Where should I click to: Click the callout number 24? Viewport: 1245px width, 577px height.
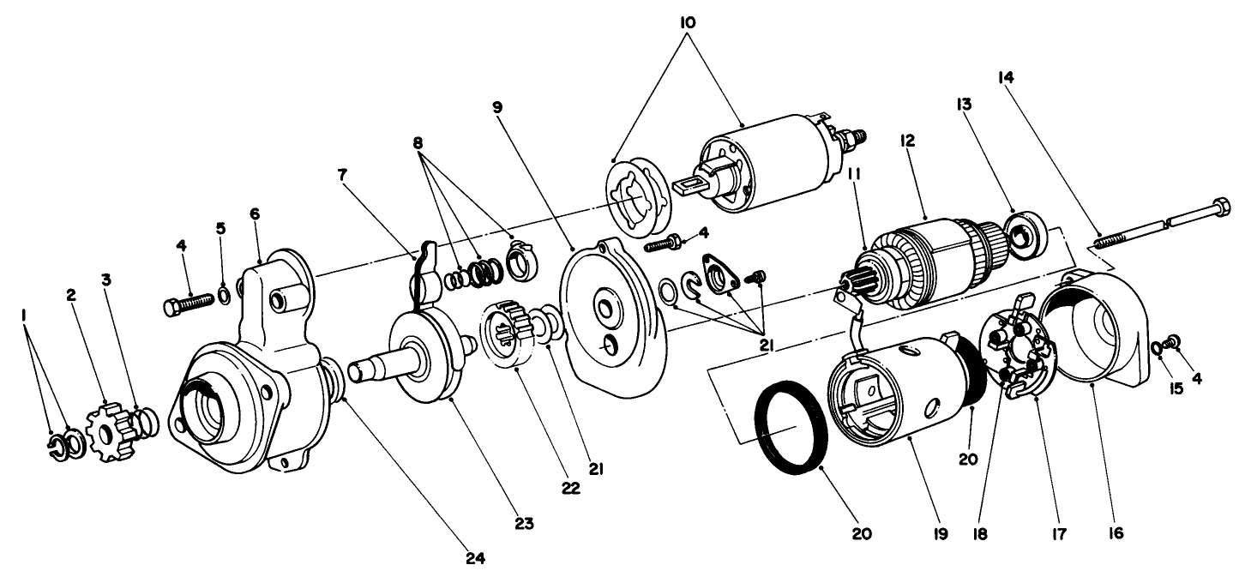click(x=474, y=558)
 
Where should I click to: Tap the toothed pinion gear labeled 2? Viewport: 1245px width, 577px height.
click(x=109, y=429)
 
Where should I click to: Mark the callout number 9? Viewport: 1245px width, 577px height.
click(x=496, y=108)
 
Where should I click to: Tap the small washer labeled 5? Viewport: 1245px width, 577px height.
click(x=222, y=297)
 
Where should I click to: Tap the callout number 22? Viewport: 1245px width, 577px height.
click(x=571, y=488)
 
